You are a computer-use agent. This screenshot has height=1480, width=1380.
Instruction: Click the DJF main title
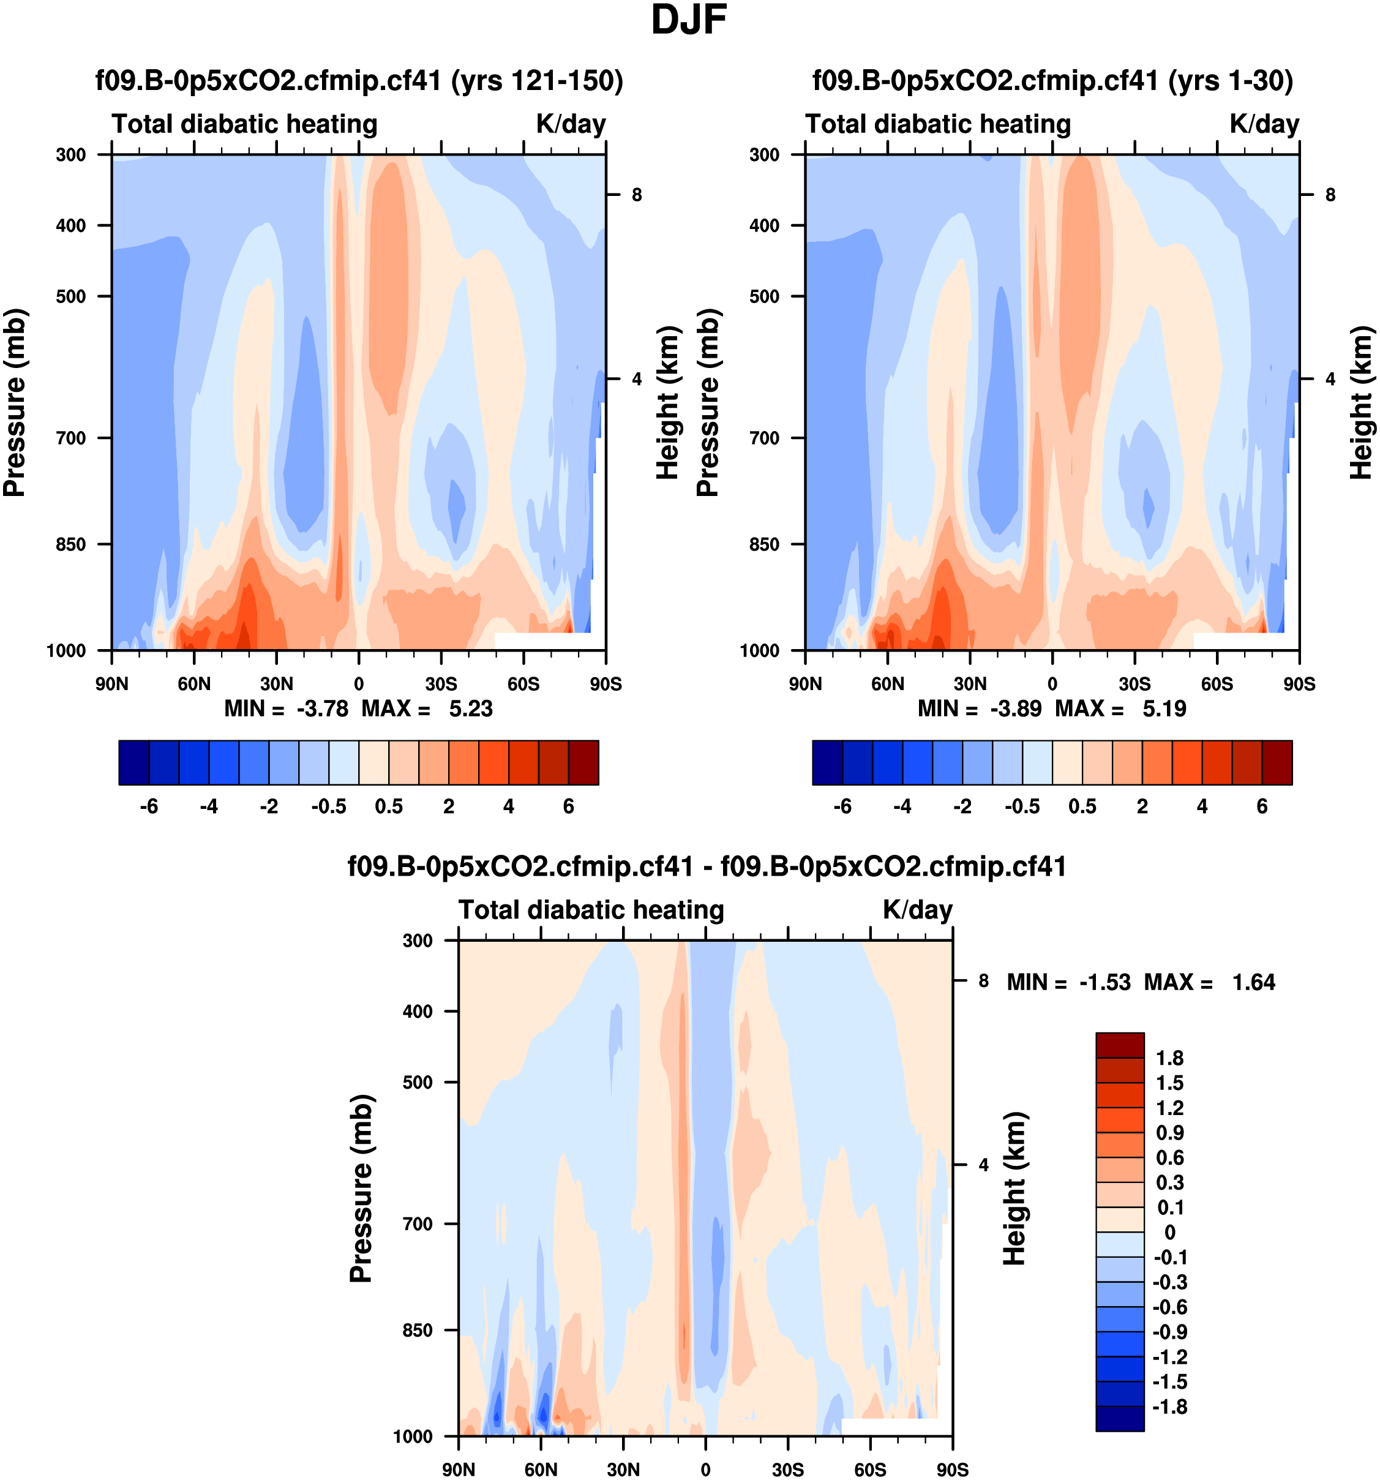coord(689,20)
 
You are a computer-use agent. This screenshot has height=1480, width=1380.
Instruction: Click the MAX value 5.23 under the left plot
coord(470,708)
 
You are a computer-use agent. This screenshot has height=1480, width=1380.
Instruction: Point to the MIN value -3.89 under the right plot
coord(1015,708)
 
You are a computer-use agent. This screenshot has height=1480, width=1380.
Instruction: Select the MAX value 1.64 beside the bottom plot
coord(1253,983)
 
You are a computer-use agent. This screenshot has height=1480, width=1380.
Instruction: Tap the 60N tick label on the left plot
coord(194,684)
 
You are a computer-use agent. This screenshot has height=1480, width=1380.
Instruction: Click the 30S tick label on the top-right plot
coord(1134,684)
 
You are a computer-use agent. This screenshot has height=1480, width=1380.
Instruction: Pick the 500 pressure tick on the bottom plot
coord(418,1083)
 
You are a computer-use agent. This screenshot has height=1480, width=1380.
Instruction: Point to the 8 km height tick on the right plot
coord(1330,195)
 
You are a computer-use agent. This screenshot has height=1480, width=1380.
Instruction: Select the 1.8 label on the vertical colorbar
coord(1169,1059)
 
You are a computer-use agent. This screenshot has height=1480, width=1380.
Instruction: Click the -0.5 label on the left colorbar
coord(329,807)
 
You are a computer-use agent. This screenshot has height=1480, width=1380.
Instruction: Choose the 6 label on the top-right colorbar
coord(1262,807)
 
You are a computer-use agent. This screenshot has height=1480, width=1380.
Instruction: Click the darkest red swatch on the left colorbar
coord(583,762)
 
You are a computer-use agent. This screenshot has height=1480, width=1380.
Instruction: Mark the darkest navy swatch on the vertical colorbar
coord(1119,1418)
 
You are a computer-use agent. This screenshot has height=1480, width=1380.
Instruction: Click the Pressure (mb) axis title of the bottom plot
coord(361,1188)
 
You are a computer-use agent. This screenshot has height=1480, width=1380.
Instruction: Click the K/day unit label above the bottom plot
coord(917,911)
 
